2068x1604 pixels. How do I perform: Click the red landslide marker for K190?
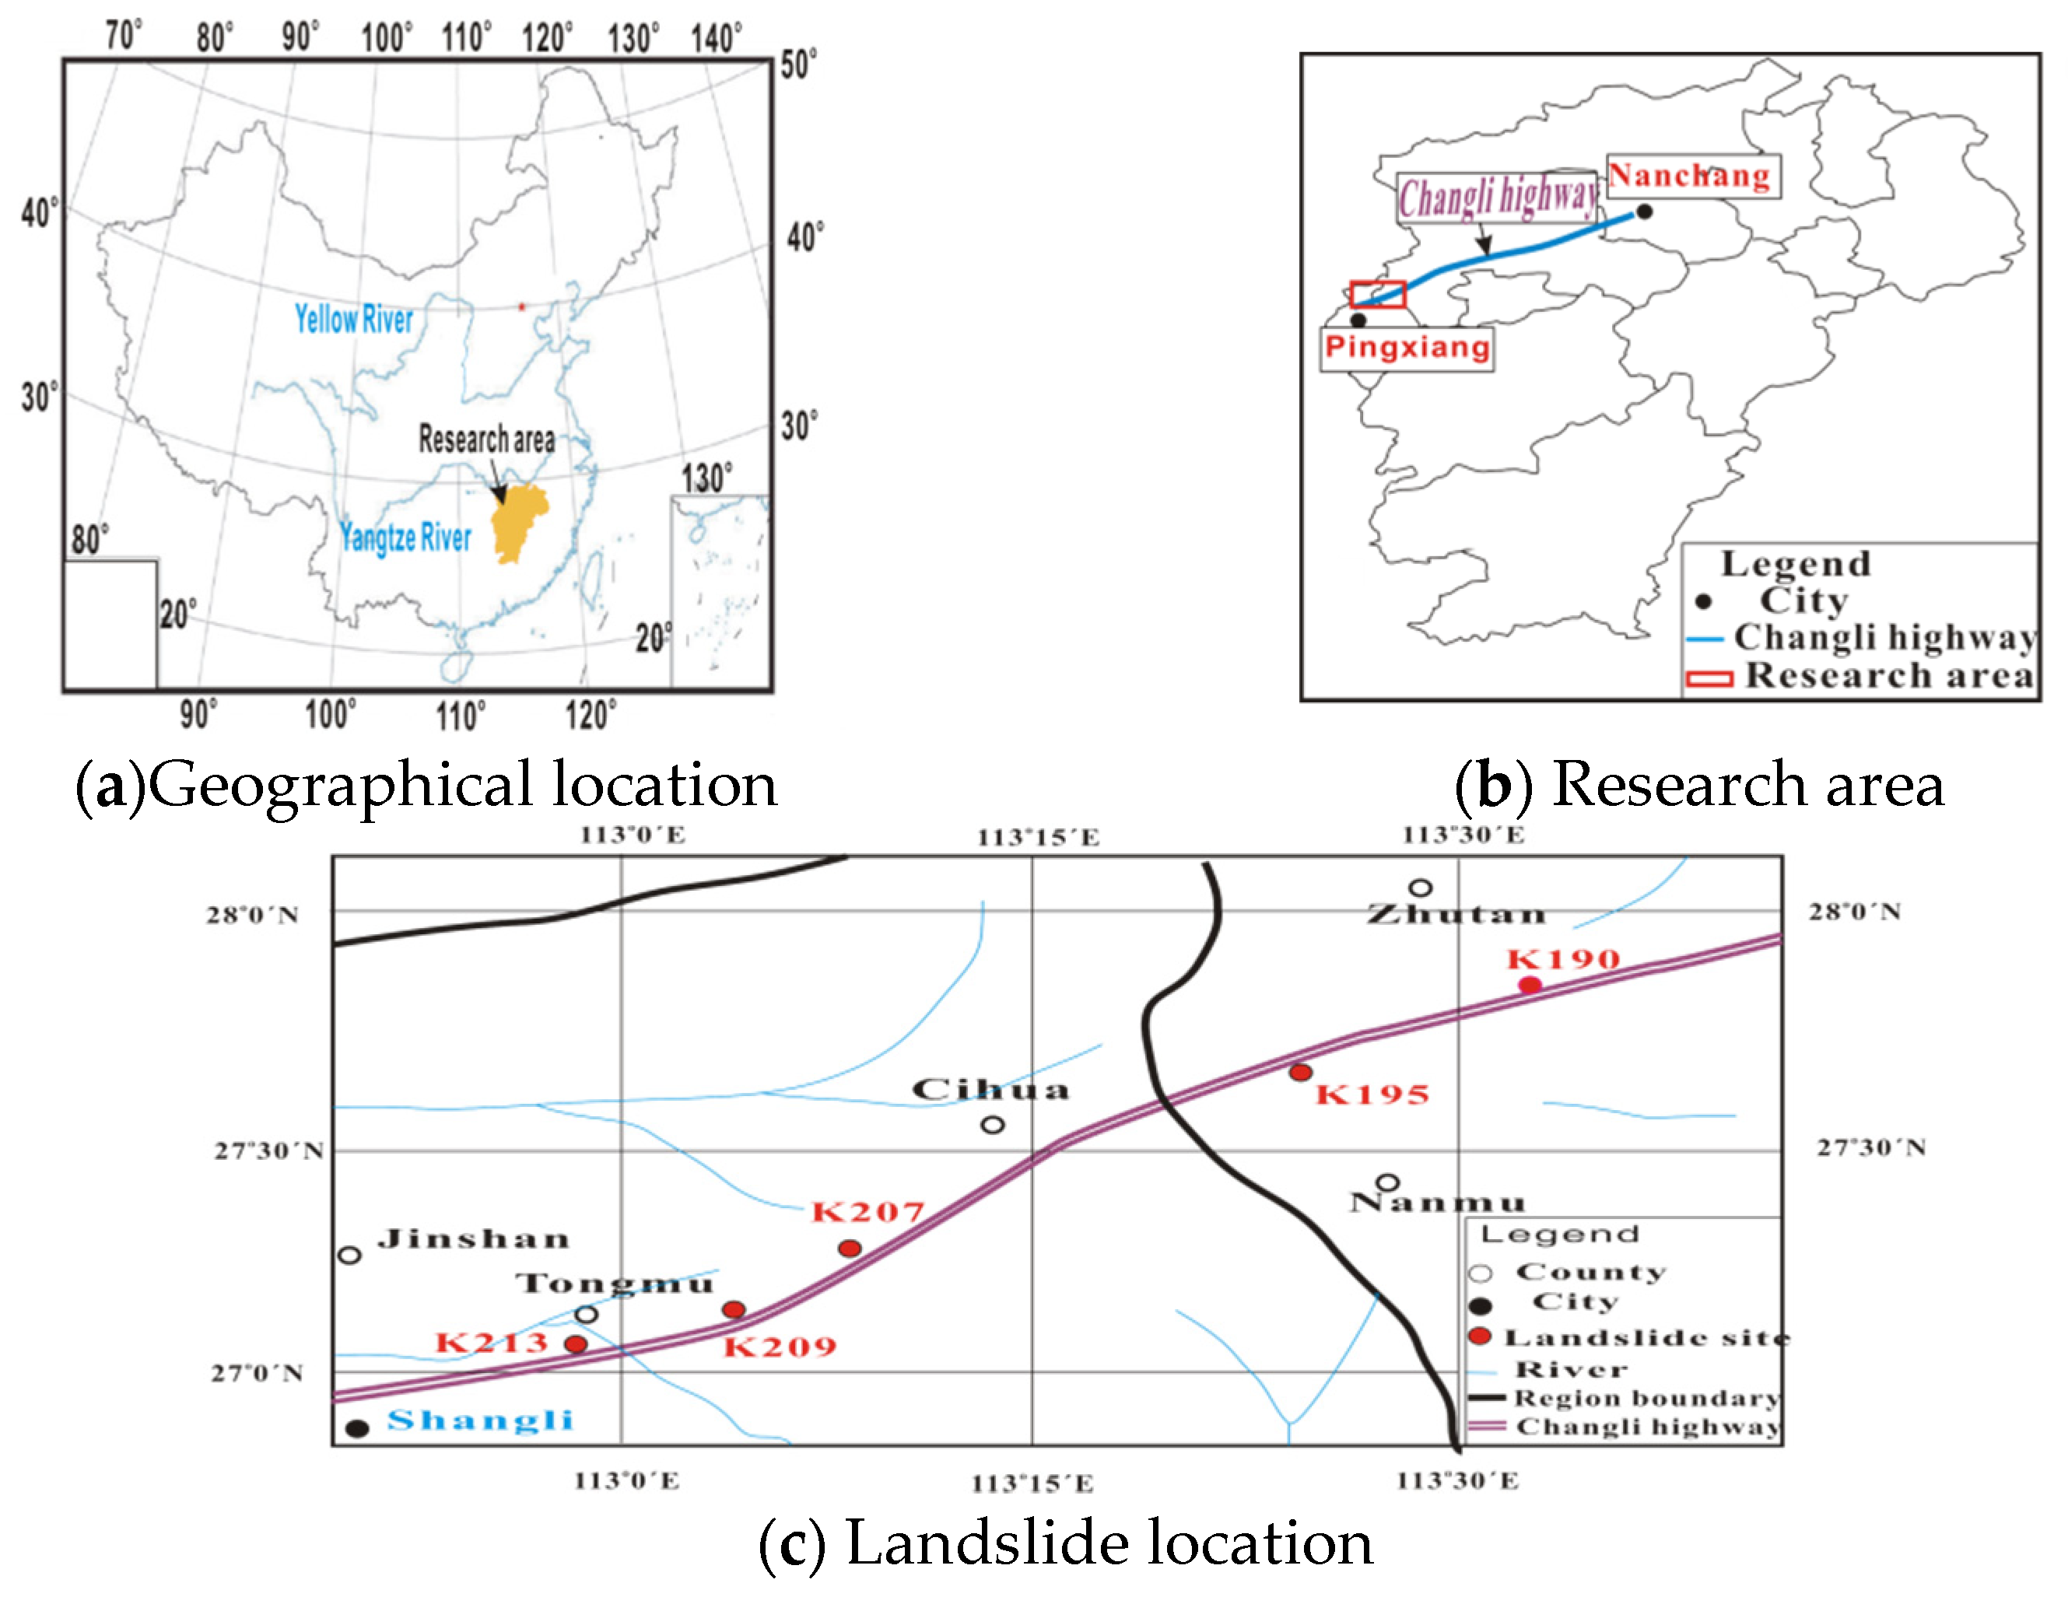[1530, 985]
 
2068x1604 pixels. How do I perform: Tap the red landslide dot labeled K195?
[1300, 1072]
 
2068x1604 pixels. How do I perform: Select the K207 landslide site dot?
[850, 1248]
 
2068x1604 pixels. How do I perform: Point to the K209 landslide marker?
[733, 1309]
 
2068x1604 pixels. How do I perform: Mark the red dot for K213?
[576, 1343]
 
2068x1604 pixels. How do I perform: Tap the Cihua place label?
[990, 1090]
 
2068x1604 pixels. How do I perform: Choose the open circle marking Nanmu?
[1387, 1182]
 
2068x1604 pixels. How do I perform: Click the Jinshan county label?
[474, 1238]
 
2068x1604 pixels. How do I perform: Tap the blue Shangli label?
[480, 1420]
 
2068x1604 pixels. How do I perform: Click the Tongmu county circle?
[586, 1315]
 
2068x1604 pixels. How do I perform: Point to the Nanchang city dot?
[1645, 211]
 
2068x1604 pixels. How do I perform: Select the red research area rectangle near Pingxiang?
[1378, 295]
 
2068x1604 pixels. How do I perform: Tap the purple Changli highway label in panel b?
[1497, 197]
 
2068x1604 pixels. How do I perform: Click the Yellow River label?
[353, 319]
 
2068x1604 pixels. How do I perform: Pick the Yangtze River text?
[405, 537]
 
